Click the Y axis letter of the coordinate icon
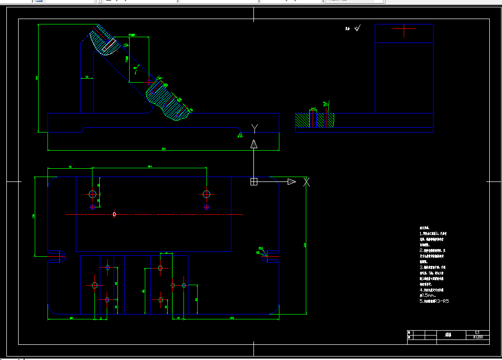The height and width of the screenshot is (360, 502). pos(254,128)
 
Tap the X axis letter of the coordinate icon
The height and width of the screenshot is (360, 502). pos(307,182)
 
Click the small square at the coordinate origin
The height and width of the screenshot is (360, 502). pos(253,181)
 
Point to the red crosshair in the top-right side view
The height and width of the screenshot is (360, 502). pos(404,29)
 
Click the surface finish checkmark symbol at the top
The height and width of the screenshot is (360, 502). pos(357,28)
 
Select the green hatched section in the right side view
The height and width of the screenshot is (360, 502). pos(314,120)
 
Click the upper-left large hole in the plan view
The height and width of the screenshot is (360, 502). pos(92,194)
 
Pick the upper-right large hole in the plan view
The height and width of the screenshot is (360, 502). pos(206,194)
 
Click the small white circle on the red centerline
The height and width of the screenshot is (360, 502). pos(114,214)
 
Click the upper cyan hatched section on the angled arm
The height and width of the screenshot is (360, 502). pos(103,44)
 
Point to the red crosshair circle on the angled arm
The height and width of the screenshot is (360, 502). pos(150,81)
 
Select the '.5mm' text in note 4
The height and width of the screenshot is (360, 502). pos(429,295)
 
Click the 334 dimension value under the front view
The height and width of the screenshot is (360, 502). pos(163,149)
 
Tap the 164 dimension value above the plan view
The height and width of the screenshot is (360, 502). pos(150,167)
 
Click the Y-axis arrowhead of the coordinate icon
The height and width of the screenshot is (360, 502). pos(254,144)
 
